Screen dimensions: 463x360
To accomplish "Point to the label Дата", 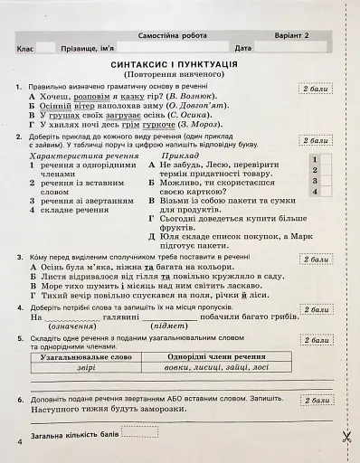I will click(242, 46).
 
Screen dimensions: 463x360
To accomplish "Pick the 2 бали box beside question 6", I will click(318, 399).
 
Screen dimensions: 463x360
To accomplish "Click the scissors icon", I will click(346, 436).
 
